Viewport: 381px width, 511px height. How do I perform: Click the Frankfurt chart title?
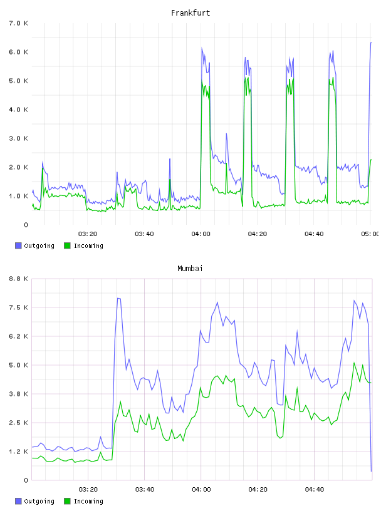[190, 13]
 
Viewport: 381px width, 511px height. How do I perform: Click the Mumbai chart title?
[190, 269]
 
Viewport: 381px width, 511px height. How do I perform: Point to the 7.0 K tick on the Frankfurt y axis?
[18, 23]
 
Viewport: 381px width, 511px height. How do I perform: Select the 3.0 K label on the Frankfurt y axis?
[18, 138]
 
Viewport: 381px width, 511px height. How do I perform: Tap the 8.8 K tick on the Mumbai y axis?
[18, 279]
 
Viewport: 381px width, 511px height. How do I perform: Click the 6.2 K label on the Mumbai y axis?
[18, 336]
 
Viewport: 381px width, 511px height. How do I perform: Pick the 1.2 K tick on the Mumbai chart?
[18, 452]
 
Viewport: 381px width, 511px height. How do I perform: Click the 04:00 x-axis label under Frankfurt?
[201, 234]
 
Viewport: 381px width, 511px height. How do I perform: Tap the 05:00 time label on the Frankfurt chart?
[370, 234]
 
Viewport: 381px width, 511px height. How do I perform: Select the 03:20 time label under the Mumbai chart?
[88, 490]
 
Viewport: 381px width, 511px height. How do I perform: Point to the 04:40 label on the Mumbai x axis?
[315, 490]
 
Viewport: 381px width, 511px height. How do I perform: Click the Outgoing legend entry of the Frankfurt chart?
[34, 245]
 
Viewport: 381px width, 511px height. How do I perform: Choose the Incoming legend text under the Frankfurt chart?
[88, 245]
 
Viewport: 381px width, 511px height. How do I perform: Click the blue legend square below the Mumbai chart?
[18, 501]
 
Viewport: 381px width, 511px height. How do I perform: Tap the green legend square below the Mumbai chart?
[67, 501]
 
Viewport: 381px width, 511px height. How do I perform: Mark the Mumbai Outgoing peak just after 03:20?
[118, 298]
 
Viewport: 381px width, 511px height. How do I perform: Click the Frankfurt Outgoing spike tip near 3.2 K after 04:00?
[226, 133]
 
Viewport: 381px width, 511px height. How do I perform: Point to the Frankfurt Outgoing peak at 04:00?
[202, 48]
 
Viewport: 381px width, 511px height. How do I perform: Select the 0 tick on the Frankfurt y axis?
[26, 225]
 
